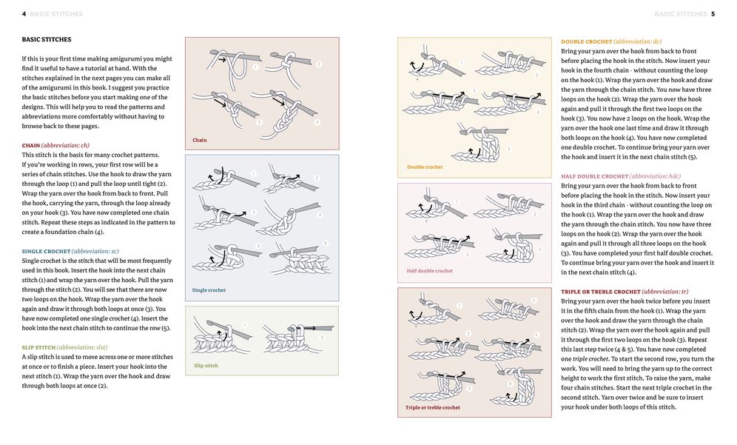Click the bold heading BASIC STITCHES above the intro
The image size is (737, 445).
tap(47, 39)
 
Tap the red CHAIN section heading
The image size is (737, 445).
tap(31, 145)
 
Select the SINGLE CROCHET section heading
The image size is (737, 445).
tap(46, 252)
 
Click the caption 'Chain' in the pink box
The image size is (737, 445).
tap(200, 140)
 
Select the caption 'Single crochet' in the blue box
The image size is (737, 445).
tap(209, 290)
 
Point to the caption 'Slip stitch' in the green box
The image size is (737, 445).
tap(206, 366)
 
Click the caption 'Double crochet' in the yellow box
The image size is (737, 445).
tap(425, 167)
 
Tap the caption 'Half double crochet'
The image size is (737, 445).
tap(429, 271)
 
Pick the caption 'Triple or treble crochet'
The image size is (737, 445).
tap(432, 407)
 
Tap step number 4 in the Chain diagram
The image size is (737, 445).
tap(317, 122)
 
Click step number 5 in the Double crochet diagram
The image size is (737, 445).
tap(508, 149)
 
